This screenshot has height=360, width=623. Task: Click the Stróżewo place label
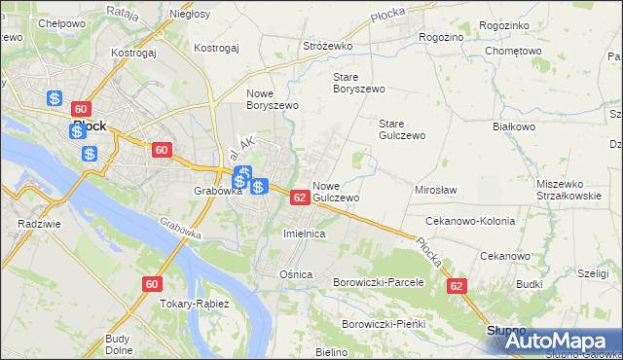[x=327, y=46]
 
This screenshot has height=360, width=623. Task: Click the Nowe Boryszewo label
[x=263, y=99]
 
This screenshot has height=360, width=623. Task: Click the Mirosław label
[x=436, y=191]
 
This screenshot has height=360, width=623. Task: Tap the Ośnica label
[x=296, y=274]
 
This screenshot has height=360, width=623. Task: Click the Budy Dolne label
[x=118, y=344]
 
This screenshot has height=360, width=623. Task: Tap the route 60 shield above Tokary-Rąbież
[x=151, y=283]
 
